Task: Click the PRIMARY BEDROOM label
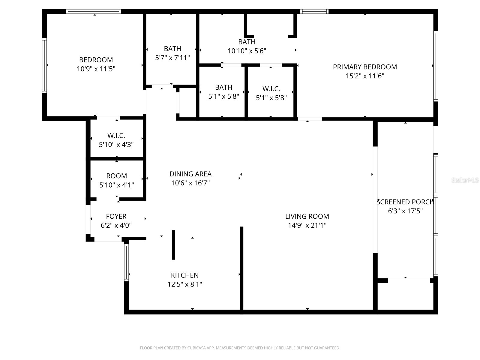[x=365, y=67]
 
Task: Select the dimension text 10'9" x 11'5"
[x=96, y=69]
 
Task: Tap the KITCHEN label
[x=184, y=275]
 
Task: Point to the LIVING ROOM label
[x=307, y=216]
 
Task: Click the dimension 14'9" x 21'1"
[x=307, y=225]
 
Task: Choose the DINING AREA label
[x=190, y=174]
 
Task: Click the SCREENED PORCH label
[x=405, y=202]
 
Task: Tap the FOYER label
[x=116, y=216]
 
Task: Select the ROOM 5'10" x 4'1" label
[x=116, y=176]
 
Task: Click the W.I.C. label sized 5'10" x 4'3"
[x=116, y=136]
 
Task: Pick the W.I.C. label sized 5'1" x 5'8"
[x=271, y=89]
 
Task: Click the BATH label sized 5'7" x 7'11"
[x=172, y=49]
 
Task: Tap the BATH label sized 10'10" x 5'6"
[x=247, y=42]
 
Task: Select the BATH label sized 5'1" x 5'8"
[x=223, y=87]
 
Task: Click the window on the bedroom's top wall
[x=93, y=11]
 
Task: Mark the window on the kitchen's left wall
[x=126, y=262]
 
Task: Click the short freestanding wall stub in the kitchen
[x=173, y=245]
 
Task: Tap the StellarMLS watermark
[x=465, y=180]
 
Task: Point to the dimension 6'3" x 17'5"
[x=405, y=211]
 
